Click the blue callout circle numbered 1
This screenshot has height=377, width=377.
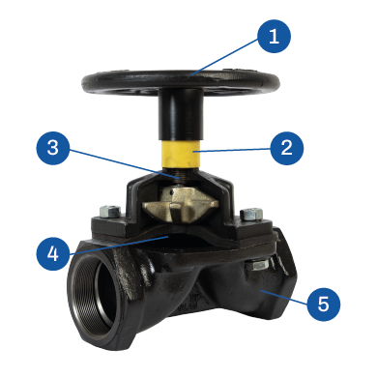274,36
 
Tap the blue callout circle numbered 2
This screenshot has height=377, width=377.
286,148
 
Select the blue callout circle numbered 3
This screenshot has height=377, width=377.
53,148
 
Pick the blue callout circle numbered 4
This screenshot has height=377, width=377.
53,253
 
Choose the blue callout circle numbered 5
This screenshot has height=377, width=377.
323,304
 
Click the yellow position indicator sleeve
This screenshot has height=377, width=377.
181,153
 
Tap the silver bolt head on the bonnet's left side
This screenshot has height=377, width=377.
110,212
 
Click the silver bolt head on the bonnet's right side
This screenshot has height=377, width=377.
251,214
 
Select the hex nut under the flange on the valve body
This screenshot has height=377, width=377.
257,265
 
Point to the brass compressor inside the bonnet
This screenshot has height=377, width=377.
181,205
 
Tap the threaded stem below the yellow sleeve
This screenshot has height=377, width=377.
180,177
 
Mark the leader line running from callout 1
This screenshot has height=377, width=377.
224,56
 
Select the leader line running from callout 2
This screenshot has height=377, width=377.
232,150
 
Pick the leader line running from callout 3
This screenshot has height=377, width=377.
124,164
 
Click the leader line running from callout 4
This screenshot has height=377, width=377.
118,246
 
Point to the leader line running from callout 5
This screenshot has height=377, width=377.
284,297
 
